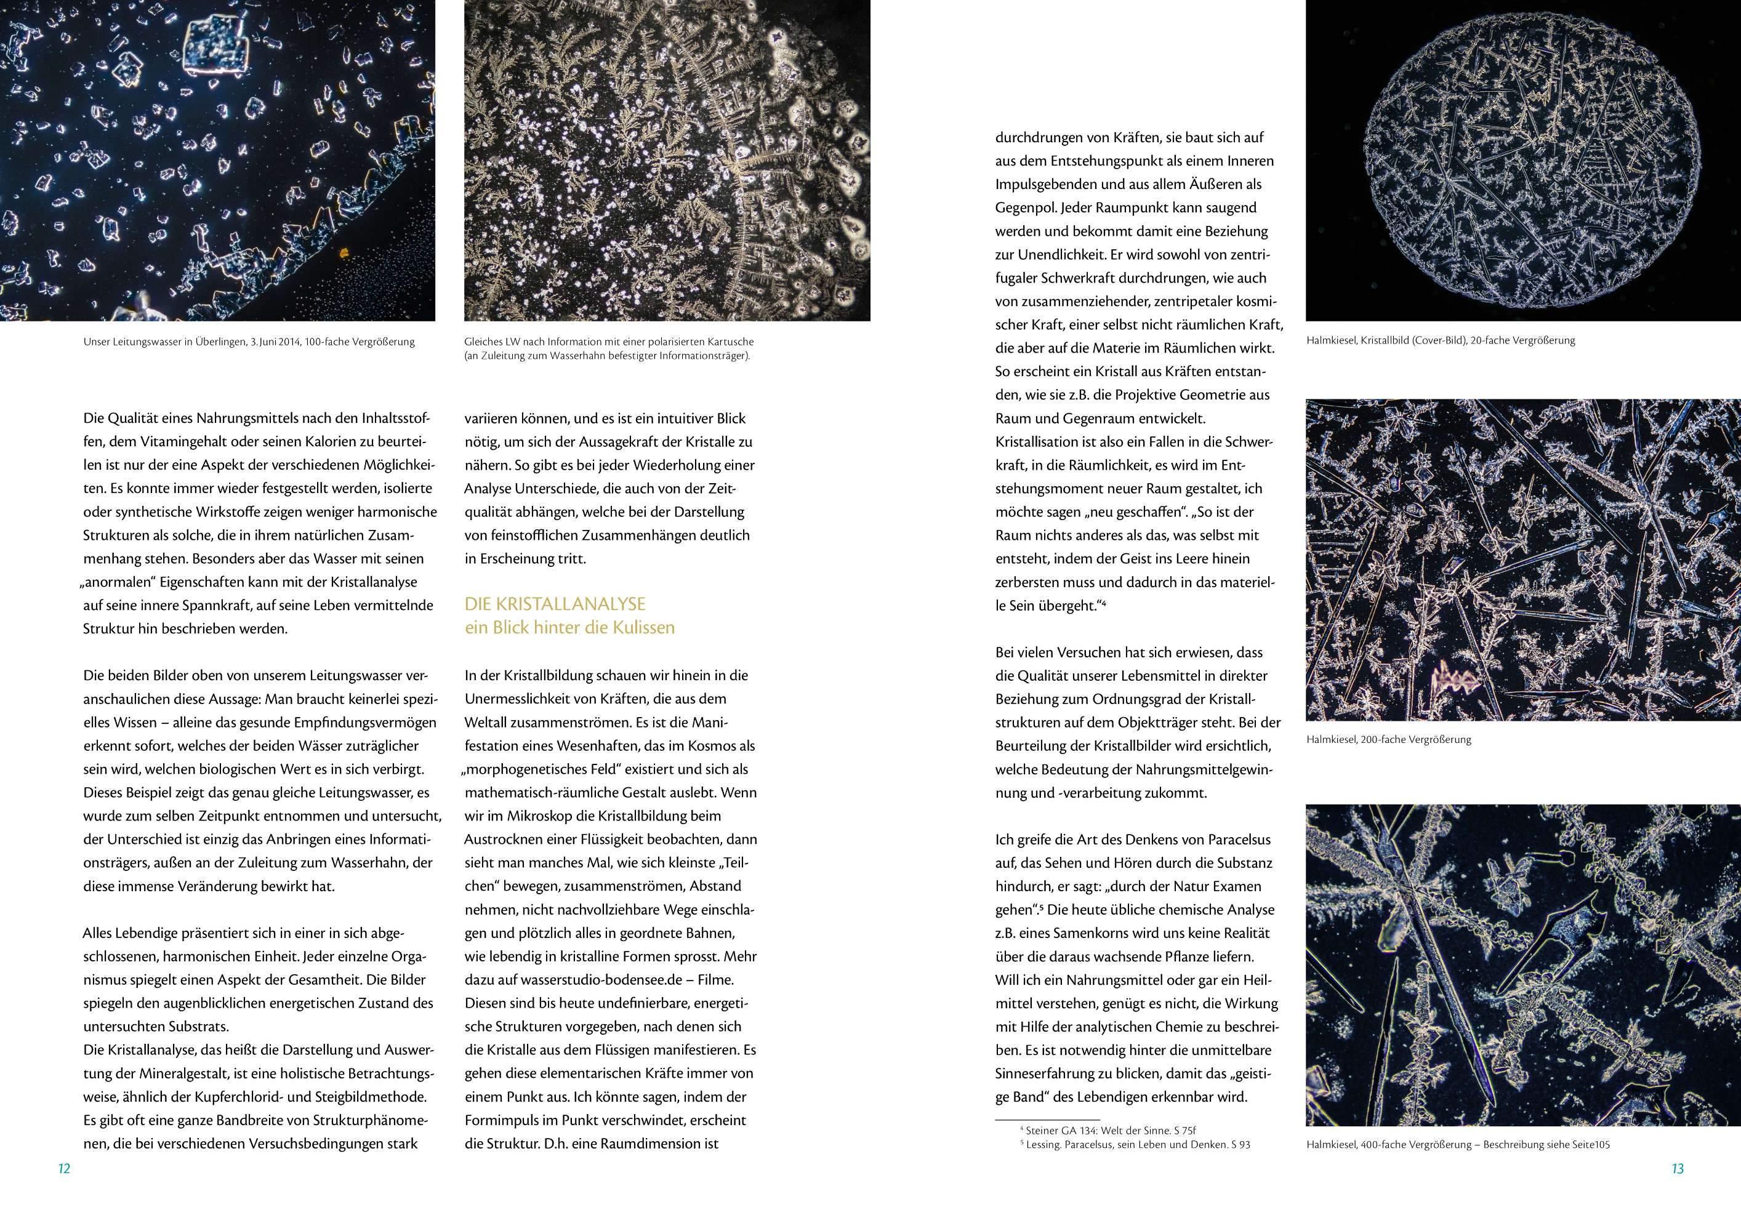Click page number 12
[x=63, y=1169]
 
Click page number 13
[x=1678, y=1169]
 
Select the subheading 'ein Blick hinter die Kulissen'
[x=569, y=628]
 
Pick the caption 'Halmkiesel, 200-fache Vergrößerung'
[x=1388, y=739]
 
